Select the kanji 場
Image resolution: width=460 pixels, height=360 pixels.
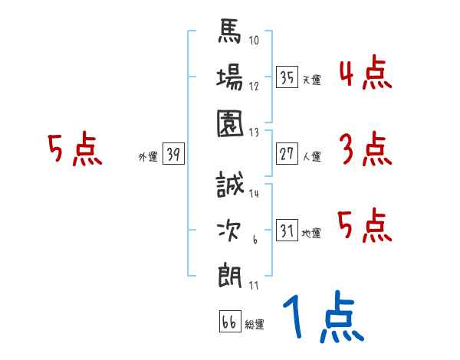231,78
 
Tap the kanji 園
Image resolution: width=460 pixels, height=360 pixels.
231,122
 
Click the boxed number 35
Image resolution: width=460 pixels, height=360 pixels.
287,77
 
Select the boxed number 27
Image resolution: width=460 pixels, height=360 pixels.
287,154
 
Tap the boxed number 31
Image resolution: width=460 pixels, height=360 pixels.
287,231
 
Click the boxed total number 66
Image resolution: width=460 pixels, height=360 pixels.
228,322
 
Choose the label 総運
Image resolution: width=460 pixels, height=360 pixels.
254,324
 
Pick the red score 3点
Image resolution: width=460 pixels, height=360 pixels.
364,150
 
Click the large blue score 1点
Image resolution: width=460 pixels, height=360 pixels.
322,318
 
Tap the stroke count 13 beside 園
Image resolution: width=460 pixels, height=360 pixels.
255,132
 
